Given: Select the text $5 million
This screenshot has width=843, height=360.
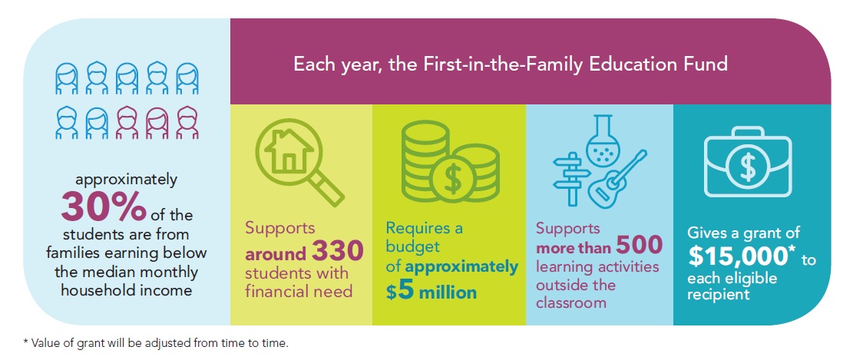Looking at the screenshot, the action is [431, 292].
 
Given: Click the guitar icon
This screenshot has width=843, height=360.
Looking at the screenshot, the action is [617, 179].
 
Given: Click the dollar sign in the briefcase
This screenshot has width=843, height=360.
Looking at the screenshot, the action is [747, 167].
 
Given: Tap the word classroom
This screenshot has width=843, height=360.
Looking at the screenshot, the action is [570, 302].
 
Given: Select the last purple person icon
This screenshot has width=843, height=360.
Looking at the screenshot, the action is [187, 123].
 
